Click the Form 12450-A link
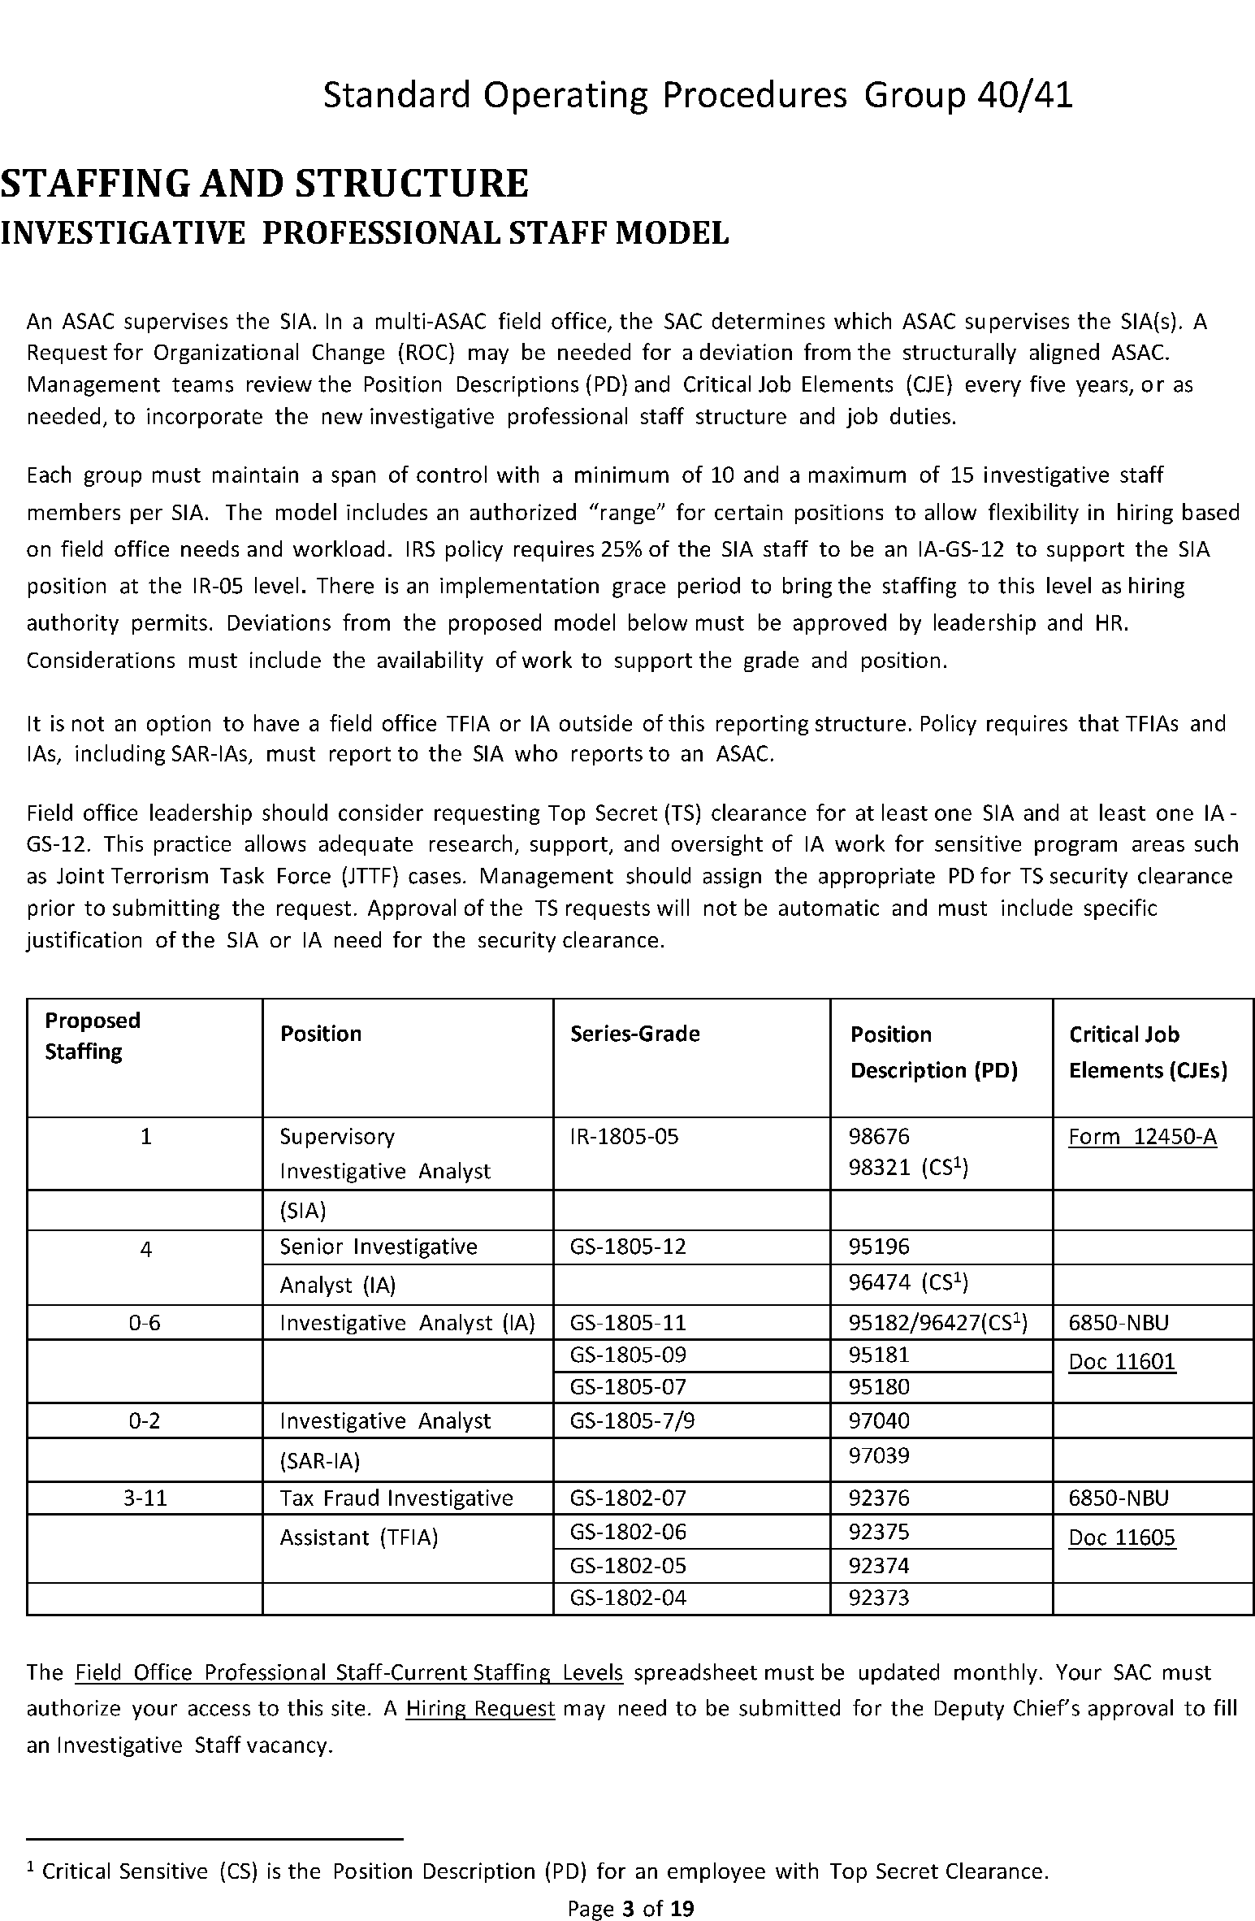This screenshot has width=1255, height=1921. pos(1142,1136)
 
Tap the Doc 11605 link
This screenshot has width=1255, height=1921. pos(1122,1537)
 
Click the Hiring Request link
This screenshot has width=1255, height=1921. pos(480,1708)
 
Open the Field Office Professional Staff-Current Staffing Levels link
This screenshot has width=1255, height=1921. pos(348,1672)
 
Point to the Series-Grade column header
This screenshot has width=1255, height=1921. pos(634,1034)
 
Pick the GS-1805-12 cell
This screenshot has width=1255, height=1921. pos(628,1247)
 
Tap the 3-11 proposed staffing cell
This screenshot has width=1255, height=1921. pos(145,1498)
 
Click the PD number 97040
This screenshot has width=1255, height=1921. pos(879,1420)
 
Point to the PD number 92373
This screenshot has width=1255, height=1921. pos(879,1598)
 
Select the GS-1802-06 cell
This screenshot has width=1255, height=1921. pos(628,1532)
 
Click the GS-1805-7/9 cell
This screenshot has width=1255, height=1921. pos(632,1420)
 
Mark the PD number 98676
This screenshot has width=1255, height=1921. pos(879,1136)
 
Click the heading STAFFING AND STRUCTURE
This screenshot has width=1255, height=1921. pos(264,183)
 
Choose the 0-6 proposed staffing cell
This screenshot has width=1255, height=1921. pos(145,1323)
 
